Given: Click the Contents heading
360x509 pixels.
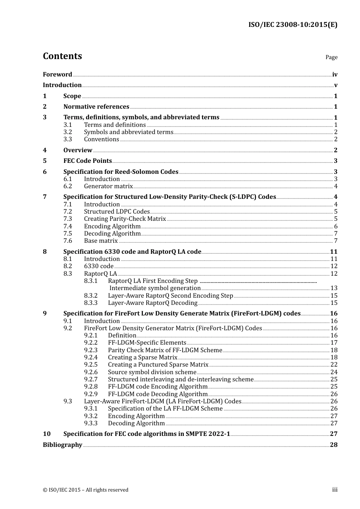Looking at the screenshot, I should (62, 56).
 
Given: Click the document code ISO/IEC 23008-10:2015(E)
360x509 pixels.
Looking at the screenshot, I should (293, 25).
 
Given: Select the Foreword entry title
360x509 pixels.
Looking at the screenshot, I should (57, 75).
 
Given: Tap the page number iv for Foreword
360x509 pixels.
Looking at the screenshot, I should (335, 75).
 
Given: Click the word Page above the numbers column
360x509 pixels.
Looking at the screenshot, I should (331, 57).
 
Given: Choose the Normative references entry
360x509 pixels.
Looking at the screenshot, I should (96, 107).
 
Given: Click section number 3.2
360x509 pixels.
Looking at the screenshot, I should (67, 132).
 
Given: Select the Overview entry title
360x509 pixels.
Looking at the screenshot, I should (78, 150).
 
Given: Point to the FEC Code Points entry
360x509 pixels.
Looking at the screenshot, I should (88, 161).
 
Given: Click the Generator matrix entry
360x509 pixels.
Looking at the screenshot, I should (108, 186).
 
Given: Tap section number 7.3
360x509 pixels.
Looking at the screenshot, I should (67, 219).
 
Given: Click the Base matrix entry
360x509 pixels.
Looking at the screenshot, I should (101, 241).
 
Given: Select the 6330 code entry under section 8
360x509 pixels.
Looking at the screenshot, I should (99, 266).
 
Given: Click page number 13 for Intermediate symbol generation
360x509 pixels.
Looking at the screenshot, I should (334, 288).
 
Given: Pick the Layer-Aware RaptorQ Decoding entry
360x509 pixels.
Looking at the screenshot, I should (152, 303).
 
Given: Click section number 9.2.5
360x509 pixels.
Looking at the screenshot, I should (91, 365).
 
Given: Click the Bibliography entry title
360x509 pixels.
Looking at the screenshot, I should (63, 445).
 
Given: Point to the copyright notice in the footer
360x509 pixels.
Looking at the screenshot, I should (86, 490).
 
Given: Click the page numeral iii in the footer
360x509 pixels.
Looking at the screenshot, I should (335, 490).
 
